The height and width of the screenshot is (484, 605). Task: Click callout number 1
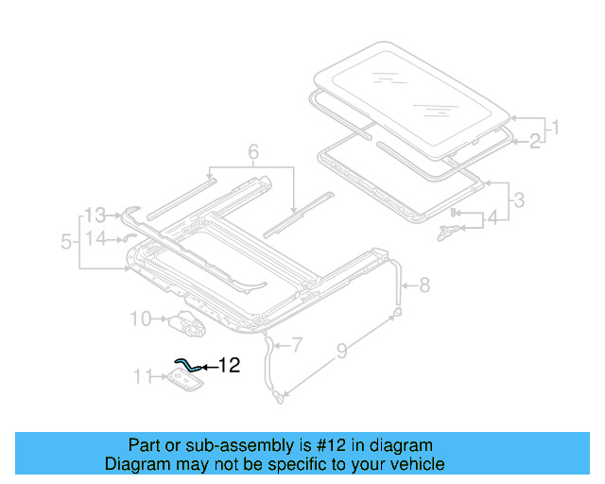556,126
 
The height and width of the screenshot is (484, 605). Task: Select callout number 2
535,141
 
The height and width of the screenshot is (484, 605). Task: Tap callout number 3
518,200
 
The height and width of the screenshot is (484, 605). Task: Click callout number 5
66,242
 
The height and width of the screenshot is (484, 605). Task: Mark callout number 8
423,283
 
